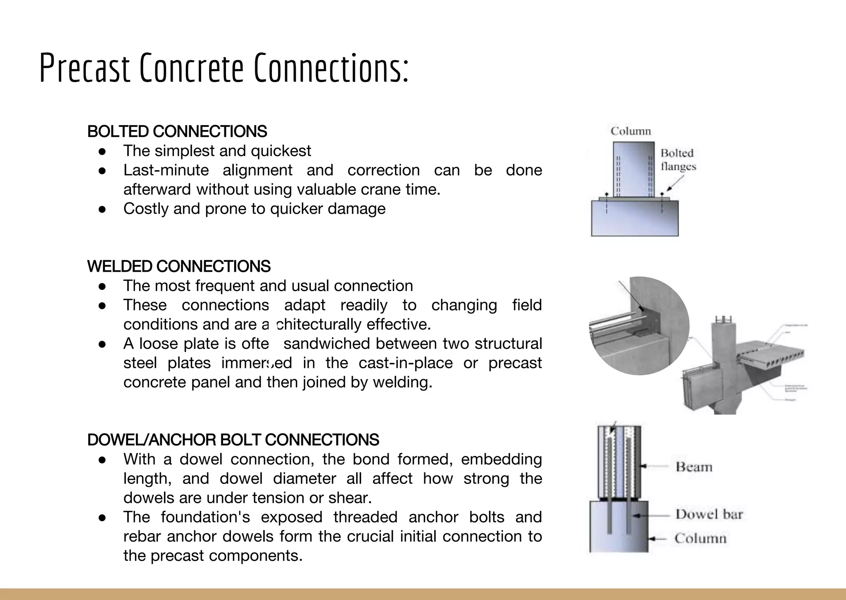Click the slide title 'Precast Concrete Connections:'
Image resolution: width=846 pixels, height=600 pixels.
pos(224,68)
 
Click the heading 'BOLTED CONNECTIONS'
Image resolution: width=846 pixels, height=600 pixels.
pos(177,132)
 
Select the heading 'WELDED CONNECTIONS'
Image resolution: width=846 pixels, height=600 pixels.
pos(179,266)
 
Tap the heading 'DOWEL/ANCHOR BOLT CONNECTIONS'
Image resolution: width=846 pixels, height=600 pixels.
pos(233,440)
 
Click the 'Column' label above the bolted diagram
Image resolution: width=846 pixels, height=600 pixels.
pos(631,131)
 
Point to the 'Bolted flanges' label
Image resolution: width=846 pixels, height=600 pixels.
pos(678,159)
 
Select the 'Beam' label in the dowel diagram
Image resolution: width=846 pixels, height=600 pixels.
pos(694,467)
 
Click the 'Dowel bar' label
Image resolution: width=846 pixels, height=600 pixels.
pos(709,515)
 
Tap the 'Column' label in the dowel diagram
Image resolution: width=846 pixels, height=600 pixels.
pos(700,538)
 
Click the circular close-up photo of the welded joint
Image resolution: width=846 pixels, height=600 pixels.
pos(639,326)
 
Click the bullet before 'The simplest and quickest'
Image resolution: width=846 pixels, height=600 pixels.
pos(102,151)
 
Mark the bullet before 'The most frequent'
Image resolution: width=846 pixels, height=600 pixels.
pos(102,286)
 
